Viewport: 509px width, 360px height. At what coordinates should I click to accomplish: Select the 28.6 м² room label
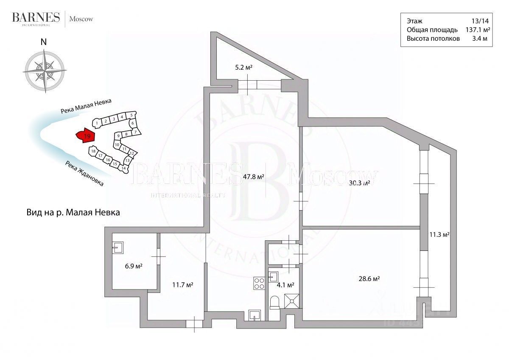[x=369, y=279]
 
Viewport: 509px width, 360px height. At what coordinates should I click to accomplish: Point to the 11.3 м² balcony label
[x=439, y=234]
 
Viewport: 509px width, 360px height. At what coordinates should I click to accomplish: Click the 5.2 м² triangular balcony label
[x=244, y=67]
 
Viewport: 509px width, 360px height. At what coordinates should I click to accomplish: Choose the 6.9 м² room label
[x=133, y=266]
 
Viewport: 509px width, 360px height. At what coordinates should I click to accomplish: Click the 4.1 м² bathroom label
[x=285, y=285]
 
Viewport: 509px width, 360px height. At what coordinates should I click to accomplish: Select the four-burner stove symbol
[x=258, y=283]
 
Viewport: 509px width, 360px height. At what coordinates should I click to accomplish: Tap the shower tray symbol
[x=291, y=301]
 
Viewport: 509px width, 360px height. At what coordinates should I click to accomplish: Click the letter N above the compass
[x=43, y=42]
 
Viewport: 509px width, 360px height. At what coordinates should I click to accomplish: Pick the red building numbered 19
[x=85, y=136]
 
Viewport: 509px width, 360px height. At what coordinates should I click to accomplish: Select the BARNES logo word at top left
[x=36, y=17]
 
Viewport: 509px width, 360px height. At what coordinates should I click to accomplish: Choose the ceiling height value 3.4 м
[x=479, y=39]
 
